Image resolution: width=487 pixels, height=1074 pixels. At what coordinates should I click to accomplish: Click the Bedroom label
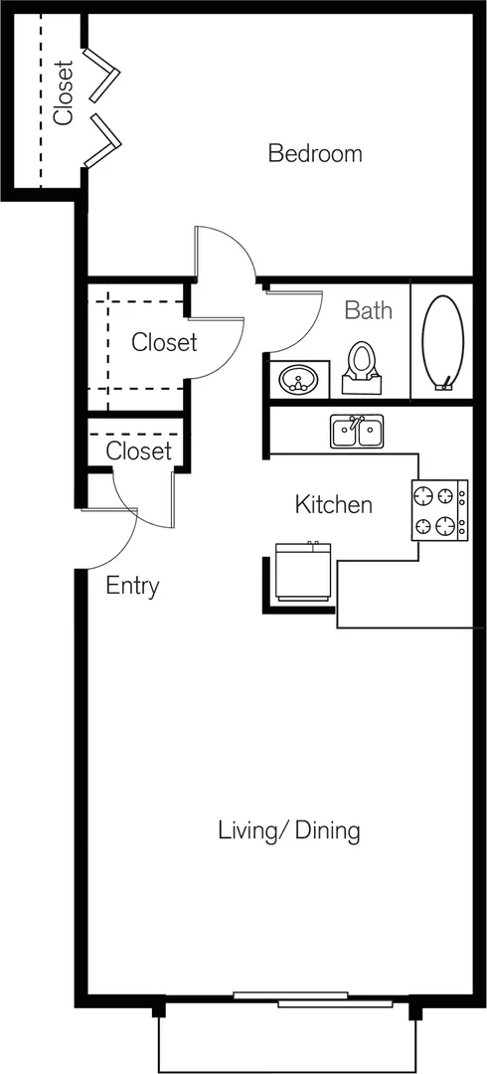click(x=315, y=153)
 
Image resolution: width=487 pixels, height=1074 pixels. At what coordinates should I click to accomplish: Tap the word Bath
click(x=368, y=310)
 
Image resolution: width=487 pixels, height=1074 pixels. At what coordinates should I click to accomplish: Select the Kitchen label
click(x=334, y=505)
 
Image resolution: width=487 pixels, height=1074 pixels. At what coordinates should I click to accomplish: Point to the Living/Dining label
click(x=289, y=830)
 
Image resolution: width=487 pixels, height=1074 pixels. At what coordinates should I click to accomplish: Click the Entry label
click(x=133, y=587)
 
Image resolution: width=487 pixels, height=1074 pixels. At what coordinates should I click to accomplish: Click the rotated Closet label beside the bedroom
click(x=63, y=93)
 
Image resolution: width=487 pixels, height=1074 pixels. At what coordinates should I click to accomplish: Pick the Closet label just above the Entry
click(x=138, y=450)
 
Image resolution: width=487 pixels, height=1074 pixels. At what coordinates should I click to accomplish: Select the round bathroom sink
click(x=298, y=378)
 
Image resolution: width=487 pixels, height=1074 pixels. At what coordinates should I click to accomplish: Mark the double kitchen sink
click(x=356, y=432)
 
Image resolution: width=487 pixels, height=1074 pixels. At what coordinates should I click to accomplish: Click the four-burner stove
click(x=439, y=510)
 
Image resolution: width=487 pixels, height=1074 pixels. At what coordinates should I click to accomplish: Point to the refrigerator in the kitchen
click(x=303, y=572)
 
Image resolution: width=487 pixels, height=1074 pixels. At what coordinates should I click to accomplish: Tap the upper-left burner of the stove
click(x=425, y=495)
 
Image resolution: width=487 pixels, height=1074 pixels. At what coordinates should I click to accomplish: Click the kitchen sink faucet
click(x=356, y=422)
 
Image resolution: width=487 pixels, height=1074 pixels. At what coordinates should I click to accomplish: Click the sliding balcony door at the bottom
click(x=313, y=999)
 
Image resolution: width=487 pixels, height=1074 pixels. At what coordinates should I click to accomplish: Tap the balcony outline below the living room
click(x=287, y=1071)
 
